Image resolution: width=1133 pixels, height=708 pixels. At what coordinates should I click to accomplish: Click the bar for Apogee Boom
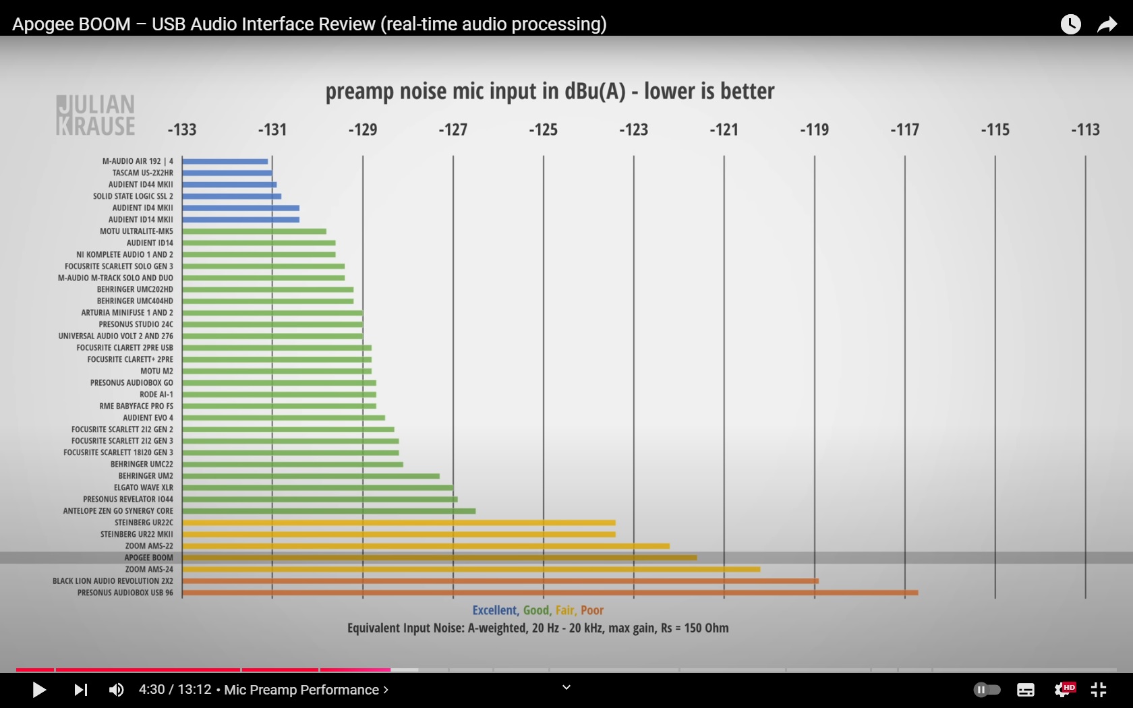coord(439,558)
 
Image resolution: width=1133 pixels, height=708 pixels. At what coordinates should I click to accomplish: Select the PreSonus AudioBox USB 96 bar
coord(550,593)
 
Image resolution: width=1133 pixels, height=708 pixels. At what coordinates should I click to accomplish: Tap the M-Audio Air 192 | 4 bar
coord(225,161)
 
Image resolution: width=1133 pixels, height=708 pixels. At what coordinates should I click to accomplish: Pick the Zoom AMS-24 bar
coord(471,569)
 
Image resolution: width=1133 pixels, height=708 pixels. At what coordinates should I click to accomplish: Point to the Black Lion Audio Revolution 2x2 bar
coord(500,581)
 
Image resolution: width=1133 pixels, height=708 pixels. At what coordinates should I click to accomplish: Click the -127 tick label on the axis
coord(453,129)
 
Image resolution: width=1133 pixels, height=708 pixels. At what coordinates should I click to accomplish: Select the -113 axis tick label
coord(1085,129)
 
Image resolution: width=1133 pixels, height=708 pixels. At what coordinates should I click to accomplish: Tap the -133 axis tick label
coord(182,129)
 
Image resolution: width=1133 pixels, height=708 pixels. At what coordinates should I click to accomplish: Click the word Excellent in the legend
coord(494,610)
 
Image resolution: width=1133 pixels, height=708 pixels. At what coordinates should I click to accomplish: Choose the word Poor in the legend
coord(592,610)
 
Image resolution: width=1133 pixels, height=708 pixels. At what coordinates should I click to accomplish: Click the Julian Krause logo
coord(96,115)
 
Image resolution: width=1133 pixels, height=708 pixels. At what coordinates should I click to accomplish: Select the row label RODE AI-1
coord(156,394)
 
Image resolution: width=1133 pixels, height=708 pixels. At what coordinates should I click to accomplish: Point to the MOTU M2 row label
coord(156,371)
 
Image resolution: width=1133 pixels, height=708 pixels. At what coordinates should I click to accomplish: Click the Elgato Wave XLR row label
coord(143,488)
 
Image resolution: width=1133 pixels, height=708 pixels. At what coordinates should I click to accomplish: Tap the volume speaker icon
coord(116,690)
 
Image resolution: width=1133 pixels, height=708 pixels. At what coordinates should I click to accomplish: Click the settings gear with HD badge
coord(1064,690)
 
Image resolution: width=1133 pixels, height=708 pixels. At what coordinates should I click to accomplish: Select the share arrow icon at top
coord(1107,25)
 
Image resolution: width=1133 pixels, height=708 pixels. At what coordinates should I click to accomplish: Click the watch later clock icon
coord(1070,25)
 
